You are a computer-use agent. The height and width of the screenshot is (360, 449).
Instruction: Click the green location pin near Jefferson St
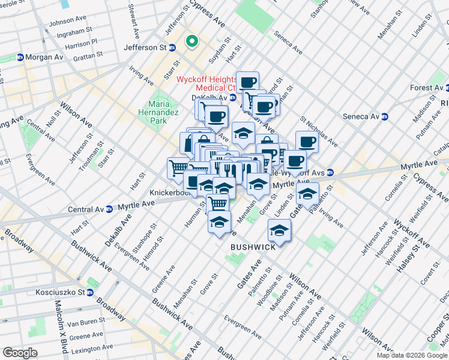click(x=192, y=41)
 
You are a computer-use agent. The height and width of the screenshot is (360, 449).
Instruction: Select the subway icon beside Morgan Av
click(x=20, y=58)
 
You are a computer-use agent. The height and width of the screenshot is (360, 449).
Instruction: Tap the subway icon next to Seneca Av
click(x=386, y=116)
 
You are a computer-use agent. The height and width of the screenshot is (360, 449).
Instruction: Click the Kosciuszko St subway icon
click(x=89, y=293)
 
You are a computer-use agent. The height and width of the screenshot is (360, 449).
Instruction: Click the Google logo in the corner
click(x=20, y=353)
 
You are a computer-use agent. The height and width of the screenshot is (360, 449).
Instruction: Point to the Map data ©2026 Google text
click(x=411, y=355)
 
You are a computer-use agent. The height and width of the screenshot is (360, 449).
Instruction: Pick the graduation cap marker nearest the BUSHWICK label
click(x=279, y=228)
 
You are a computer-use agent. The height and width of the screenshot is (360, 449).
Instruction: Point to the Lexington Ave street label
click(x=88, y=348)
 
